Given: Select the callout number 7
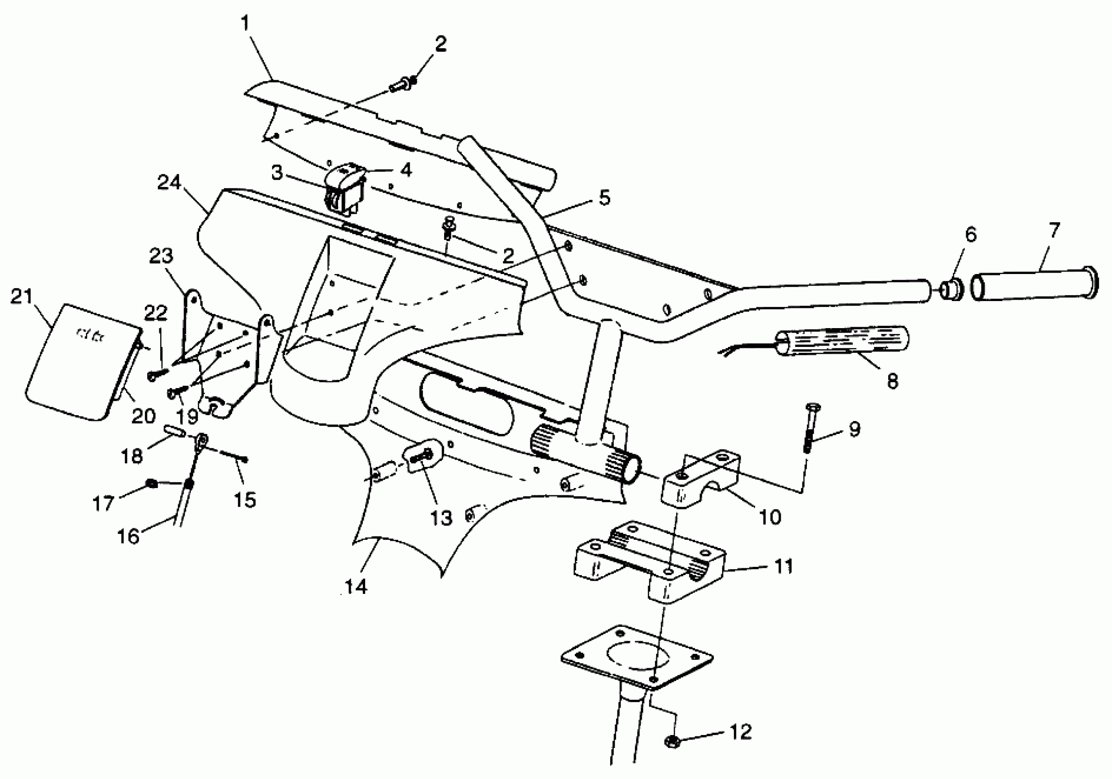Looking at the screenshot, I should coord(1054,231).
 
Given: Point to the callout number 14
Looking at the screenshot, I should coord(356,587).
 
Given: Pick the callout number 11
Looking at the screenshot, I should coord(783,566).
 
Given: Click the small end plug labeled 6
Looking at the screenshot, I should coord(951,289).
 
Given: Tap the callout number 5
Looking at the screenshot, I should coord(605,197).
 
